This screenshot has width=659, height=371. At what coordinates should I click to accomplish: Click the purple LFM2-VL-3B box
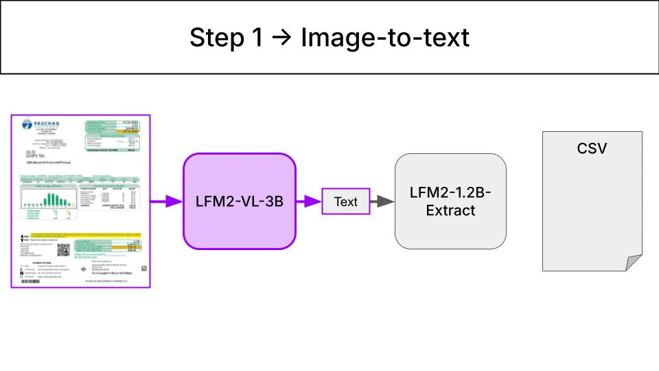(x=240, y=201)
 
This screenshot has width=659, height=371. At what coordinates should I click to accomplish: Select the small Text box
(x=346, y=201)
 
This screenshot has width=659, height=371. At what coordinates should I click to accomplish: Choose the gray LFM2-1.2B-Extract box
(x=450, y=201)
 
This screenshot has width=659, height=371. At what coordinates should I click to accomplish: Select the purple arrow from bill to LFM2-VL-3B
(x=166, y=201)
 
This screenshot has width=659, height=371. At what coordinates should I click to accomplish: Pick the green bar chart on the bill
(x=49, y=199)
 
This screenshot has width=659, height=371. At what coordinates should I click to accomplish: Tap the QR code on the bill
(x=63, y=250)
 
